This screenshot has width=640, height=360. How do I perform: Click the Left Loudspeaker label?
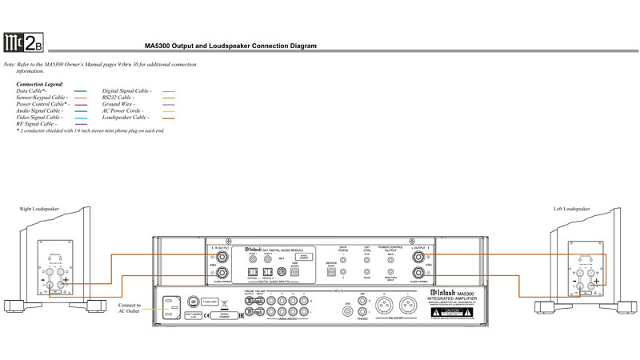[x=571, y=209]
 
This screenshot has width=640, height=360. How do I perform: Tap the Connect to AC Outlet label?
[x=129, y=309]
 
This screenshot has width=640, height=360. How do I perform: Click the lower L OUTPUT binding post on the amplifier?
[x=417, y=274]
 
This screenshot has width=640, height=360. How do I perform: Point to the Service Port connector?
[x=332, y=271]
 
